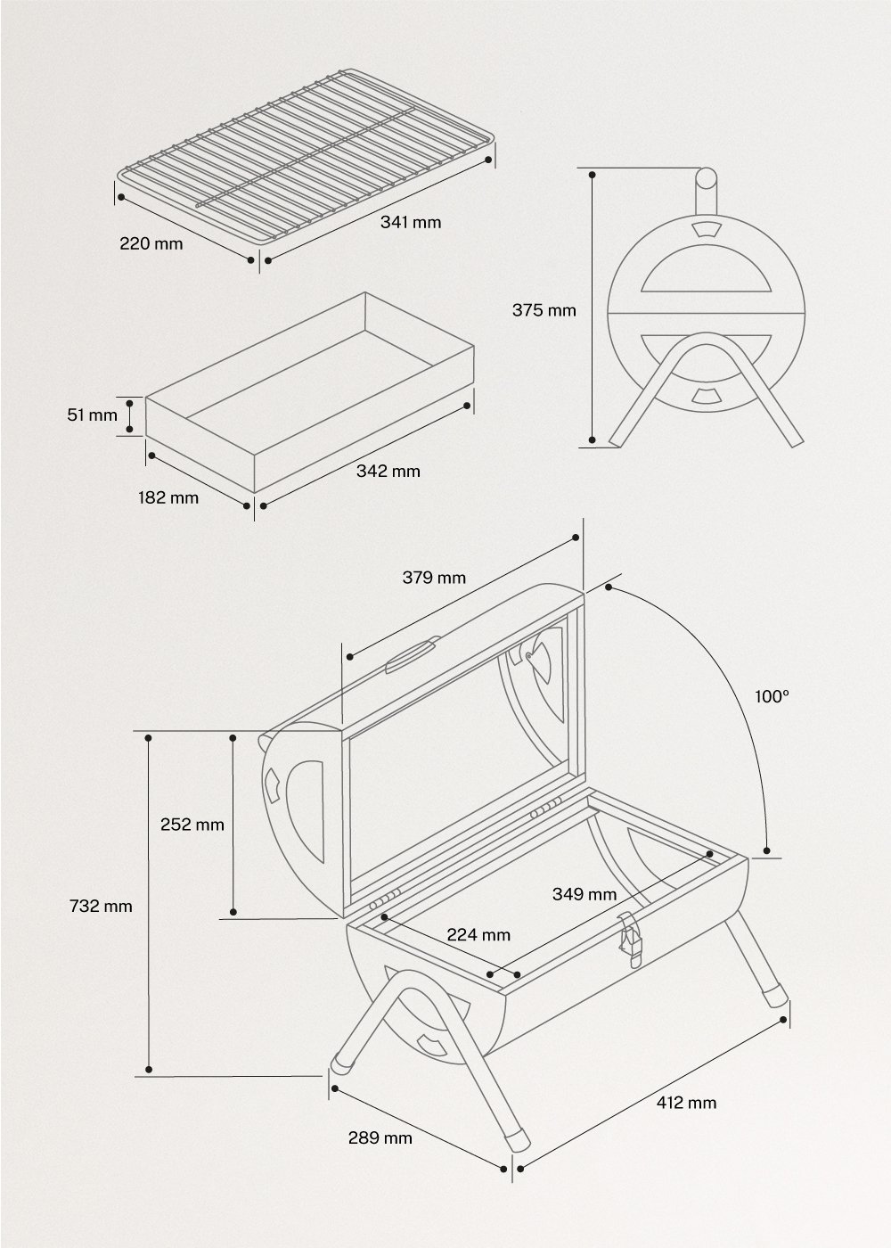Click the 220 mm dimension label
[x=151, y=242]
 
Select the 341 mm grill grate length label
[x=411, y=221]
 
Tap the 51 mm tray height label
[x=92, y=415]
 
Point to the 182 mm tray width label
[x=168, y=497]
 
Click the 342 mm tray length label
[x=388, y=471]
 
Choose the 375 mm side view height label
[x=544, y=310]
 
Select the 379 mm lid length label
[x=434, y=577]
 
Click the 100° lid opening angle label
[x=772, y=697]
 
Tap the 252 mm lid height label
[x=192, y=825]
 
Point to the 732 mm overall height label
[x=101, y=906]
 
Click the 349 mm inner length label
[x=584, y=893]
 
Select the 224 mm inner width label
[x=478, y=934]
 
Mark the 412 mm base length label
[x=686, y=1103]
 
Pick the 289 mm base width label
[x=380, y=1137]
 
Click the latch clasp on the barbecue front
[x=631, y=940]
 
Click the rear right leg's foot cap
[x=772, y=995]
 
